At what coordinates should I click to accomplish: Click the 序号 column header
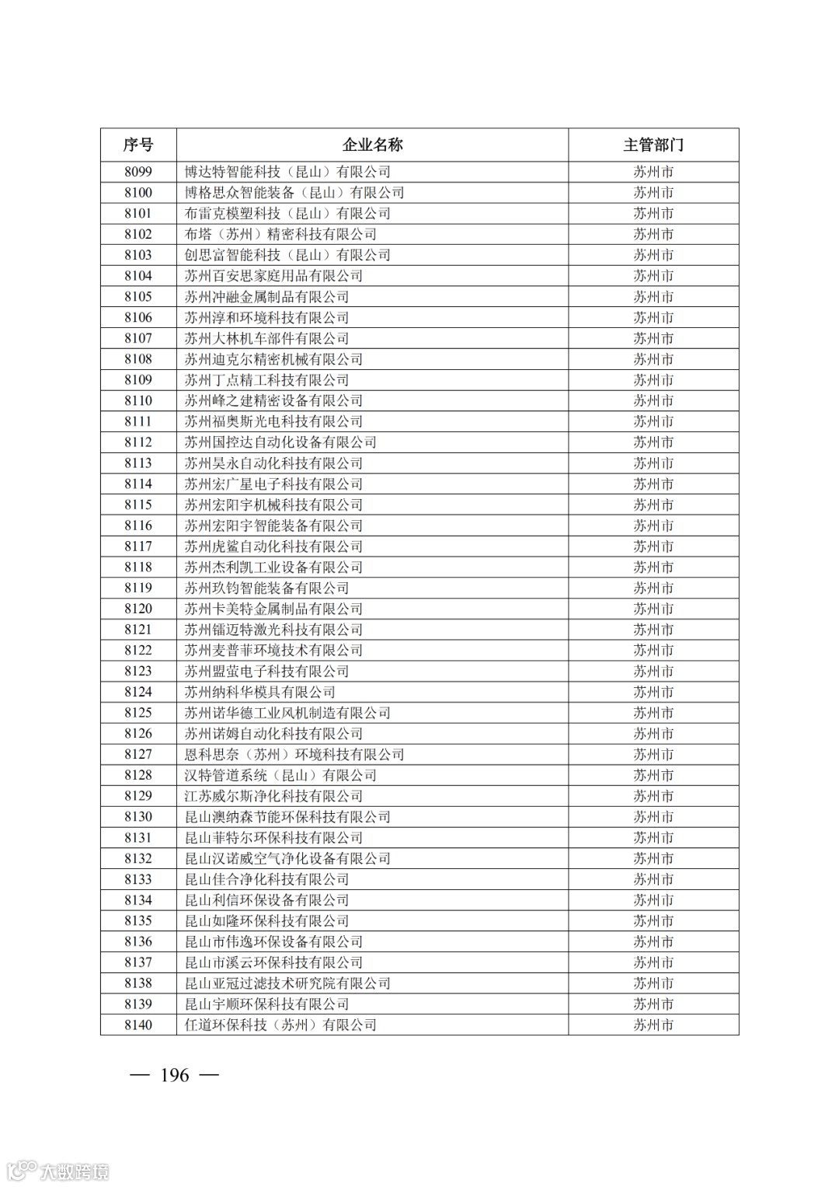coord(138,145)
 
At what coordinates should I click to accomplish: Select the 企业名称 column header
coord(373,145)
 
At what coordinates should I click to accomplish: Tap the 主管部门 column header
coord(653,145)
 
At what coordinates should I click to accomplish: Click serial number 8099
coord(138,172)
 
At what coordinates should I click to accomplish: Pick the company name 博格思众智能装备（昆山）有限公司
coord(294,193)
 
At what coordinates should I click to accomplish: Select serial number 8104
coord(138,276)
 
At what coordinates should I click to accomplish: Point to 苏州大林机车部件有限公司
coord(266,338)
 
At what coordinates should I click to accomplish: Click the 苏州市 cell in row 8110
coord(653,400)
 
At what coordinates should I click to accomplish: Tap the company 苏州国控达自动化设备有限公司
coord(280,442)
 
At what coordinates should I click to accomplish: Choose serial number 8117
coord(138,546)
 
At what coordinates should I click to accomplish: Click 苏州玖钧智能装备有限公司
coord(266,588)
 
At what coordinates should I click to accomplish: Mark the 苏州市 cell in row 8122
coord(653,651)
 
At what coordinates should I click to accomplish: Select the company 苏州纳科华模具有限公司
coord(259,692)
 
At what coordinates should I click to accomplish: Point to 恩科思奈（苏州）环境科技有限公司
coord(294,754)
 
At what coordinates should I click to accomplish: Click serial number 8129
coord(138,796)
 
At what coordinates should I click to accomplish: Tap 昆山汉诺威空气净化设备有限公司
coord(287,858)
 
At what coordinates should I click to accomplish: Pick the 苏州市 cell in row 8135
coord(653,920)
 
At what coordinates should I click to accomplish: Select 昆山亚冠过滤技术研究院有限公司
coord(287,983)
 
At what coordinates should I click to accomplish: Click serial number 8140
coord(138,1025)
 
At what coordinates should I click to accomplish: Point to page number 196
coord(174,1075)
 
